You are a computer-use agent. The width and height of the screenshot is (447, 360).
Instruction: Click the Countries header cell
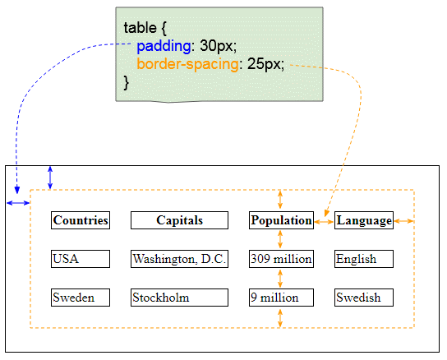click(x=81, y=220)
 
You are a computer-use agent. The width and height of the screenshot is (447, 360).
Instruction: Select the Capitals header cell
click(x=179, y=220)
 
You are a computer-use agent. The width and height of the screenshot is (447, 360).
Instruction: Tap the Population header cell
click(x=281, y=220)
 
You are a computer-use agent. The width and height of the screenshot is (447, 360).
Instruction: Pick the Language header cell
click(x=364, y=220)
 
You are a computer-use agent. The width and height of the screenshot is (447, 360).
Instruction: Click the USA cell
click(x=81, y=259)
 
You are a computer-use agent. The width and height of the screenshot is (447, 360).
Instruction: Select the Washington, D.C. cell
click(x=179, y=259)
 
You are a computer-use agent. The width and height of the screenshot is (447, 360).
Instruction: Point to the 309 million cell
click(x=281, y=259)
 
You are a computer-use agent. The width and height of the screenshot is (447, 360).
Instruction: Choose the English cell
click(x=364, y=259)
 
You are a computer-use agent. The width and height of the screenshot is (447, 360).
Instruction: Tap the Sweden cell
click(x=81, y=298)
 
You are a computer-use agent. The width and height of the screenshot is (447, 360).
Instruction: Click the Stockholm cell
click(x=179, y=298)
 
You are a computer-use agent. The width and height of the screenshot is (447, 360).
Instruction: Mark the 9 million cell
click(x=281, y=298)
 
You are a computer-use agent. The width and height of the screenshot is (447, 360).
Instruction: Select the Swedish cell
click(x=364, y=298)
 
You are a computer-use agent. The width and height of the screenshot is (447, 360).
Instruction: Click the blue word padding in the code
click(x=164, y=46)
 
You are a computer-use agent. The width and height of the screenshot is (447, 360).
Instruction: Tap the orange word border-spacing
click(x=187, y=64)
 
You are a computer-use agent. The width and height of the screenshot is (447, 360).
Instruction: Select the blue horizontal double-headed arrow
click(x=18, y=203)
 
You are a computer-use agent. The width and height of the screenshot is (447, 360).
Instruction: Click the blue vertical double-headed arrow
click(x=50, y=178)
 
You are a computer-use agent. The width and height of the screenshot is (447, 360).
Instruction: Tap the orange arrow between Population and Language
click(x=324, y=221)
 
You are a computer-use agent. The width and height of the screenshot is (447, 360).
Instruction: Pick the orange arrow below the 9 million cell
click(x=280, y=318)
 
